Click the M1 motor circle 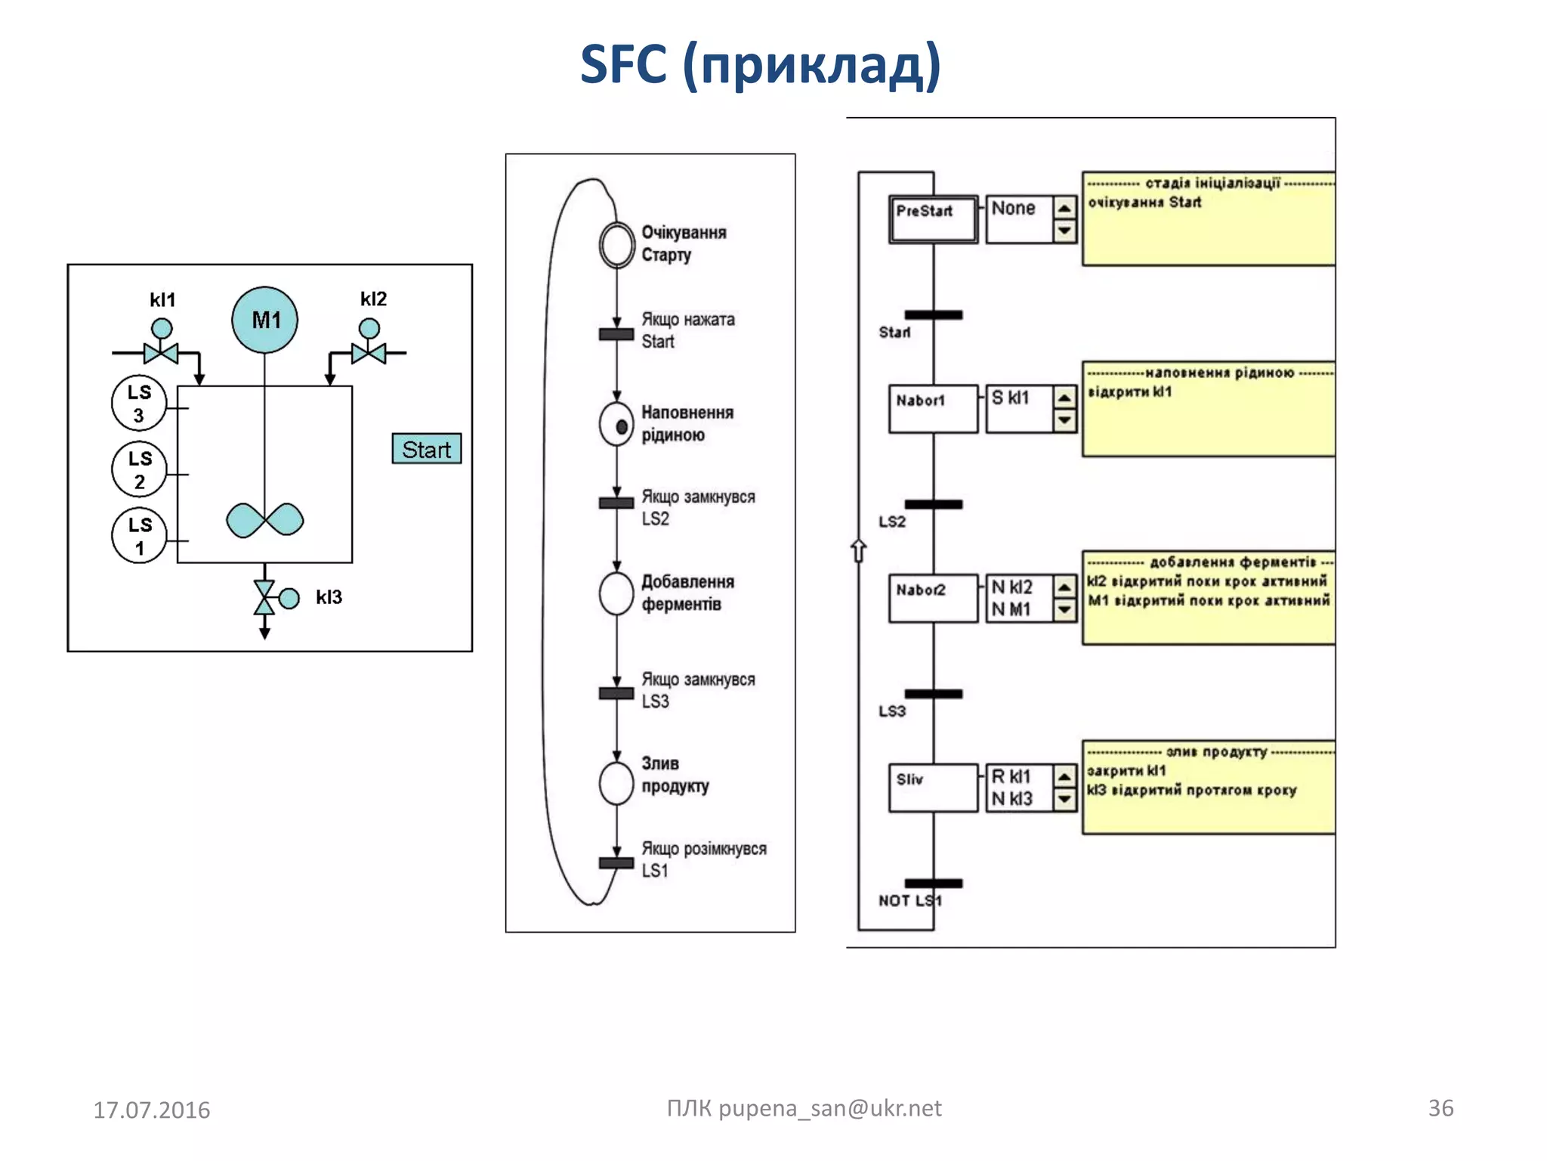coord(264,320)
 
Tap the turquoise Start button coord(426,449)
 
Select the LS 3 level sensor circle coord(139,404)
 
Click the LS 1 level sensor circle coord(139,536)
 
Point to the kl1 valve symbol coord(161,351)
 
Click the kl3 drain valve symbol coord(265,597)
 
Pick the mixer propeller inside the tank coord(265,520)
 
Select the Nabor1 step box coord(933,409)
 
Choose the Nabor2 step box coord(933,598)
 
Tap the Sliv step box coord(933,788)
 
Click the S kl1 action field coord(1018,409)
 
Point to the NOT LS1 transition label coord(909,901)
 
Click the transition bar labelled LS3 coord(934,694)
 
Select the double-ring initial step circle coord(617,245)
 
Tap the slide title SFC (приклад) coord(760,65)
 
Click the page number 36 coord(1440,1107)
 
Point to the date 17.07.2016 coord(151,1110)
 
